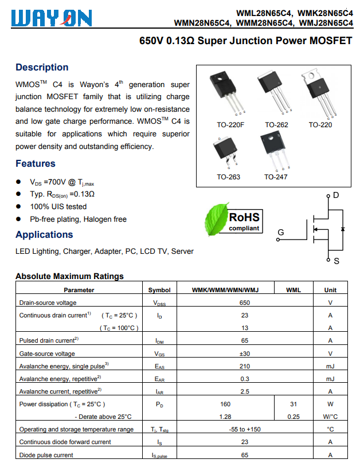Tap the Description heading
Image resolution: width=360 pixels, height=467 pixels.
point(42,68)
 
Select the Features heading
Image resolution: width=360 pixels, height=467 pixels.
point(36,163)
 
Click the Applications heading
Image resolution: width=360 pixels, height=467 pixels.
point(44,234)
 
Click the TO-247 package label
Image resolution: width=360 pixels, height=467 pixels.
point(276,177)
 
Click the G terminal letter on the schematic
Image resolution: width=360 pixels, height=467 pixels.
point(280,232)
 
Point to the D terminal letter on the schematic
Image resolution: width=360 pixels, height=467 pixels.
point(336,195)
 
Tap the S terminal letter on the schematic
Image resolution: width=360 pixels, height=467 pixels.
point(336,261)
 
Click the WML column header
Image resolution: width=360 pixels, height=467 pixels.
point(293,290)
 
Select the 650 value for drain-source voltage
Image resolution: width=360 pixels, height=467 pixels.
point(245,303)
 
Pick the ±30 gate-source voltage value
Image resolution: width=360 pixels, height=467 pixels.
point(245,354)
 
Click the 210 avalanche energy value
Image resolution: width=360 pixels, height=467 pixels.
point(245,366)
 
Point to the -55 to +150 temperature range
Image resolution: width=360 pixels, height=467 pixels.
point(245,429)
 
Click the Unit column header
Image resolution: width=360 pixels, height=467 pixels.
point(330,290)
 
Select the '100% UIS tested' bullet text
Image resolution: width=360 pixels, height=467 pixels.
point(58,206)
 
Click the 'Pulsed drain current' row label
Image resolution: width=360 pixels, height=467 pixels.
point(49,341)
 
